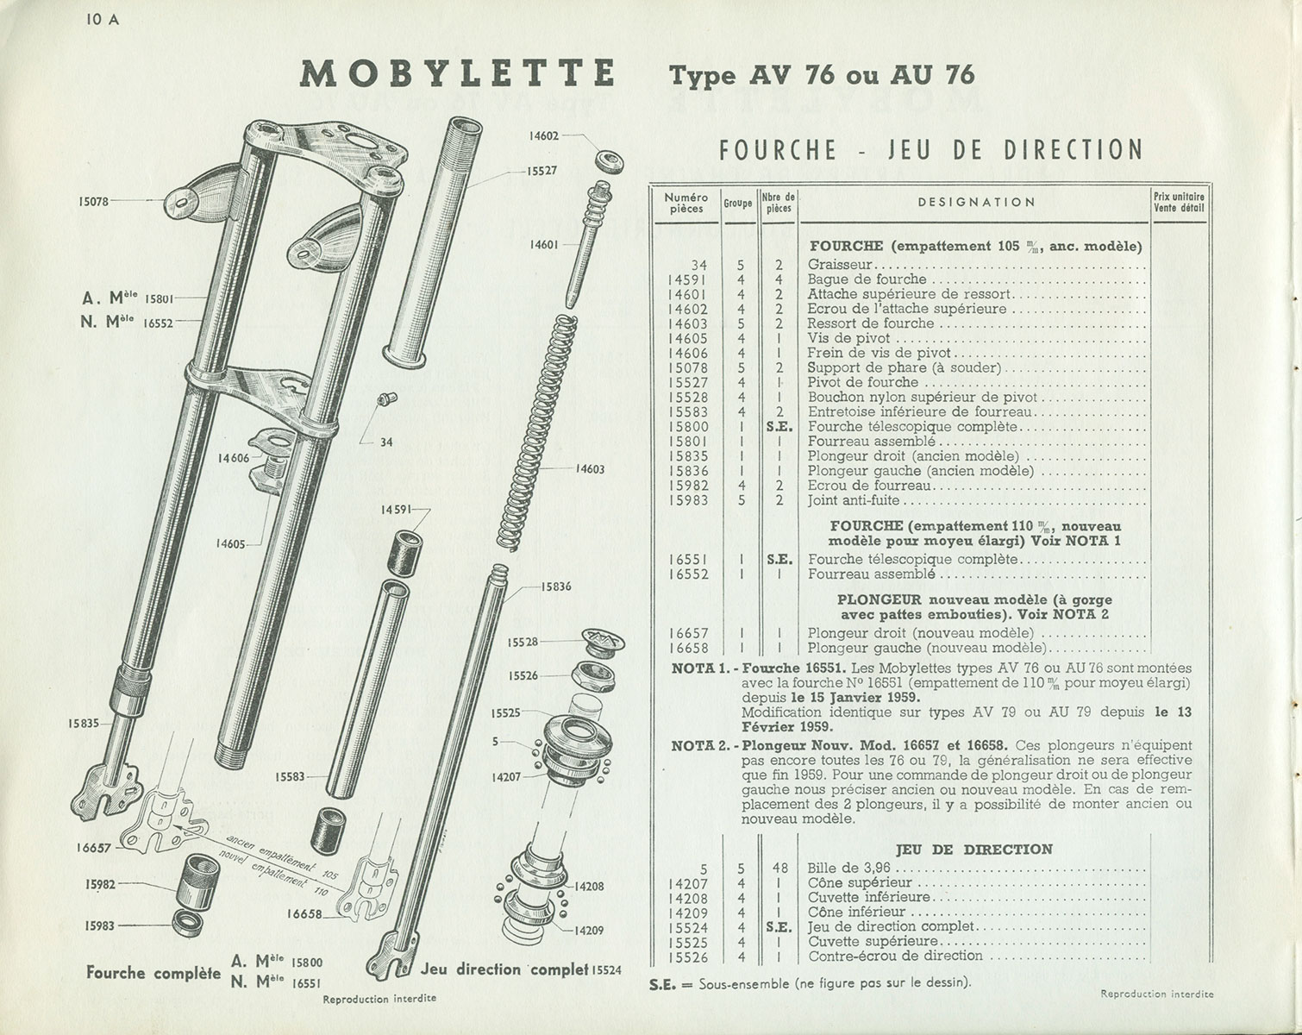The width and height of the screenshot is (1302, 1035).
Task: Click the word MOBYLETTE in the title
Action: tap(458, 74)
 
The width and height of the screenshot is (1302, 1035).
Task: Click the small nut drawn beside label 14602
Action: tap(610, 161)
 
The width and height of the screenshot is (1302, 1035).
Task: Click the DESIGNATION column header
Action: tap(976, 203)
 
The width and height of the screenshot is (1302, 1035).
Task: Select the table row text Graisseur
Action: tap(841, 265)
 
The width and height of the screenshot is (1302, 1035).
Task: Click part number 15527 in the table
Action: tap(688, 382)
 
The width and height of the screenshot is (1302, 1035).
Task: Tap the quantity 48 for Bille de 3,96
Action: tap(779, 869)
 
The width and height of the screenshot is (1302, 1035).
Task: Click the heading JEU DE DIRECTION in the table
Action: tap(974, 850)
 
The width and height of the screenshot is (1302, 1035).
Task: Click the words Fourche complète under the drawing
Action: tap(153, 973)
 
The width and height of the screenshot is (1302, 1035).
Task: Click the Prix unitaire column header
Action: tap(1179, 202)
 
